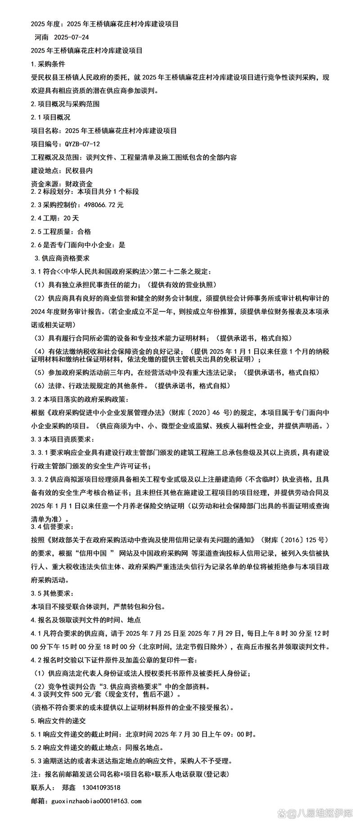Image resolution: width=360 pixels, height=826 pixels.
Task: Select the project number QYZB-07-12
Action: (82, 144)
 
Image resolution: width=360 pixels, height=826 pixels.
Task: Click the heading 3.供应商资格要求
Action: (62, 258)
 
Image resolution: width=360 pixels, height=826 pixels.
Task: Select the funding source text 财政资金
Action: (79, 184)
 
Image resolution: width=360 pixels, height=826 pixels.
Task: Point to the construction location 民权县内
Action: (79, 171)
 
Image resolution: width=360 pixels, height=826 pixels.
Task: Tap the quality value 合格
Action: (84, 232)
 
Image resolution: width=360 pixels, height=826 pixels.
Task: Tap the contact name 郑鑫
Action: (69, 788)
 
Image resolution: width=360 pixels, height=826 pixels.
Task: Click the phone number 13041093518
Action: (101, 788)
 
